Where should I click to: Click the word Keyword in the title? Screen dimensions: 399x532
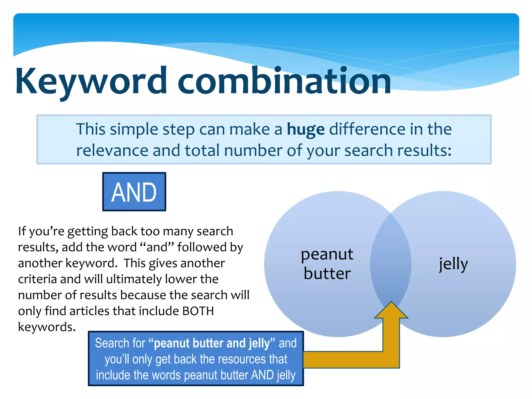pos(91,81)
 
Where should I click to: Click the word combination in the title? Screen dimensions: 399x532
pos(284,81)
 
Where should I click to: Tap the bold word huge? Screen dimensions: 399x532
pos(305,129)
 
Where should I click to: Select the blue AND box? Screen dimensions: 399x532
pos(134,192)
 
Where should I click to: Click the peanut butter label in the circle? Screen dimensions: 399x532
pos(327,264)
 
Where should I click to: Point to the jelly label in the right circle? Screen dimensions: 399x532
pos(453,264)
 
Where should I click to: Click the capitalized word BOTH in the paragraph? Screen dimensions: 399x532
pos(198,311)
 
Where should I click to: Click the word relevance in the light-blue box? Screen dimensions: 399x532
pos(112,150)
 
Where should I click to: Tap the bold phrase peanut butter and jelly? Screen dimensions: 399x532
pos(212,343)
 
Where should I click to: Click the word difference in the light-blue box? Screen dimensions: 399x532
pos(367,129)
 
